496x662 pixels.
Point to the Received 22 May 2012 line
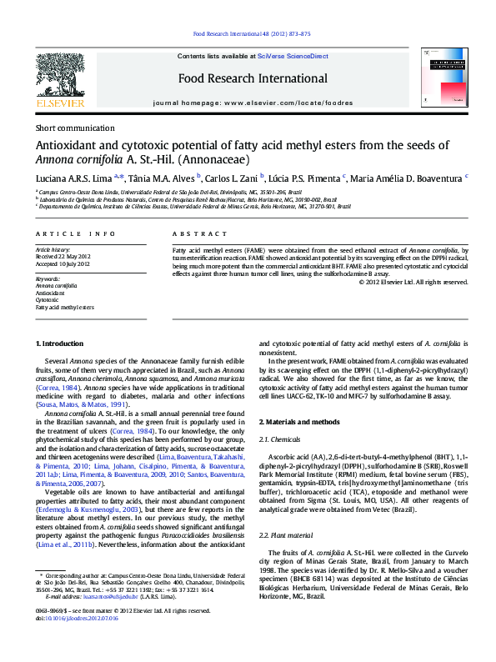(x=63, y=256)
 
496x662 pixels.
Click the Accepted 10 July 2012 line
(x=63, y=263)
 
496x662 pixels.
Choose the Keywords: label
(x=48, y=278)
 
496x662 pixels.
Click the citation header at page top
(x=251, y=34)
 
